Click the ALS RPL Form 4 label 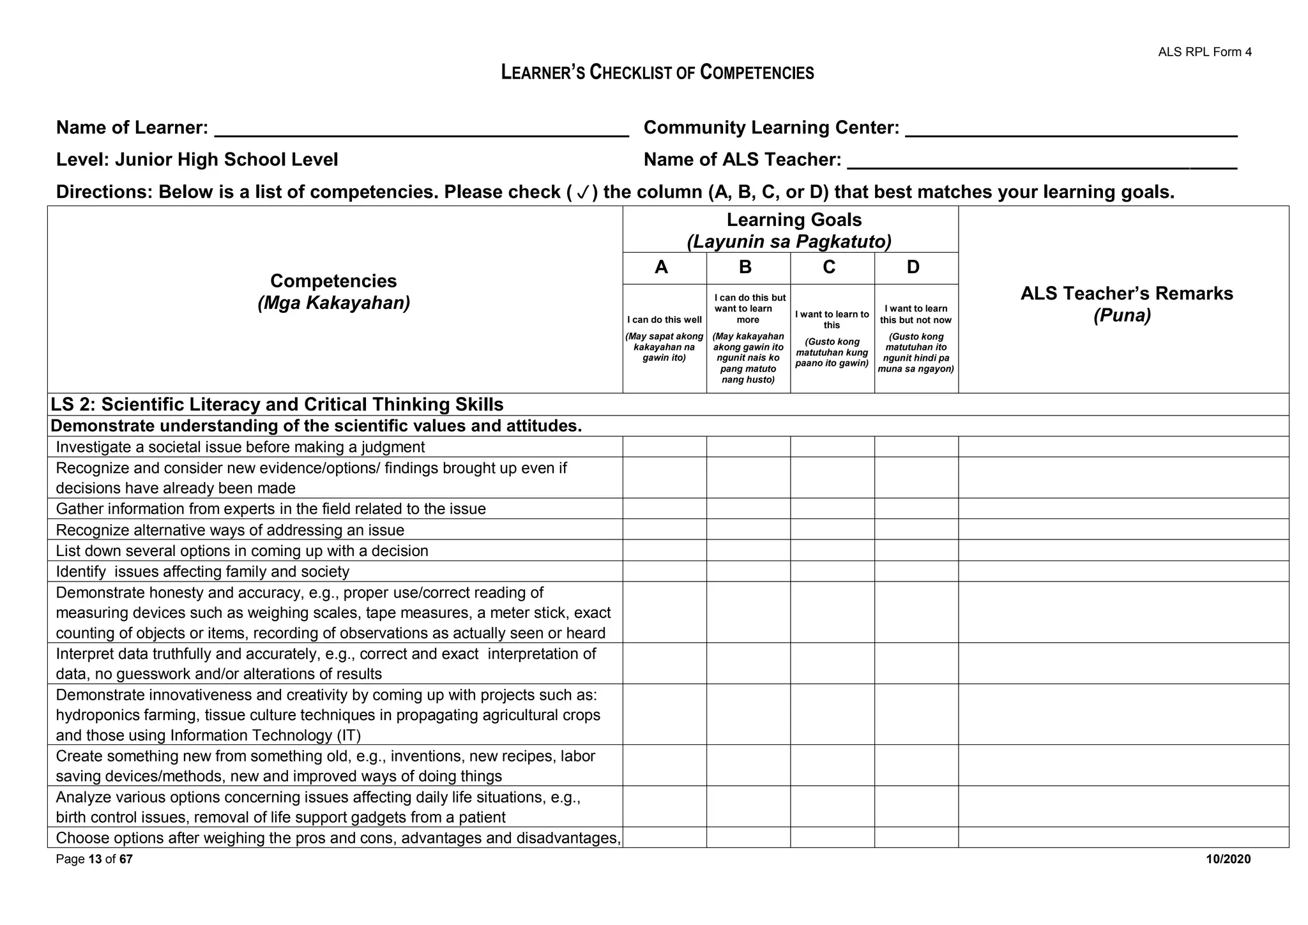click(1205, 52)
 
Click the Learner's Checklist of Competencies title click(657, 72)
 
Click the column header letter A click(662, 267)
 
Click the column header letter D click(913, 267)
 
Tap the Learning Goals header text click(793, 220)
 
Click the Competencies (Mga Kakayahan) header click(333, 291)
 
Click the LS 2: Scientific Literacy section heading click(277, 405)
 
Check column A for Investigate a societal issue click(664, 447)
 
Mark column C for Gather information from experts click(832, 509)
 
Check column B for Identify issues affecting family click(748, 571)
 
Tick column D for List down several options click(916, 550)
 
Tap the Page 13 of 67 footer click(94, 859)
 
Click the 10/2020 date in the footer click(1228, 859)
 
